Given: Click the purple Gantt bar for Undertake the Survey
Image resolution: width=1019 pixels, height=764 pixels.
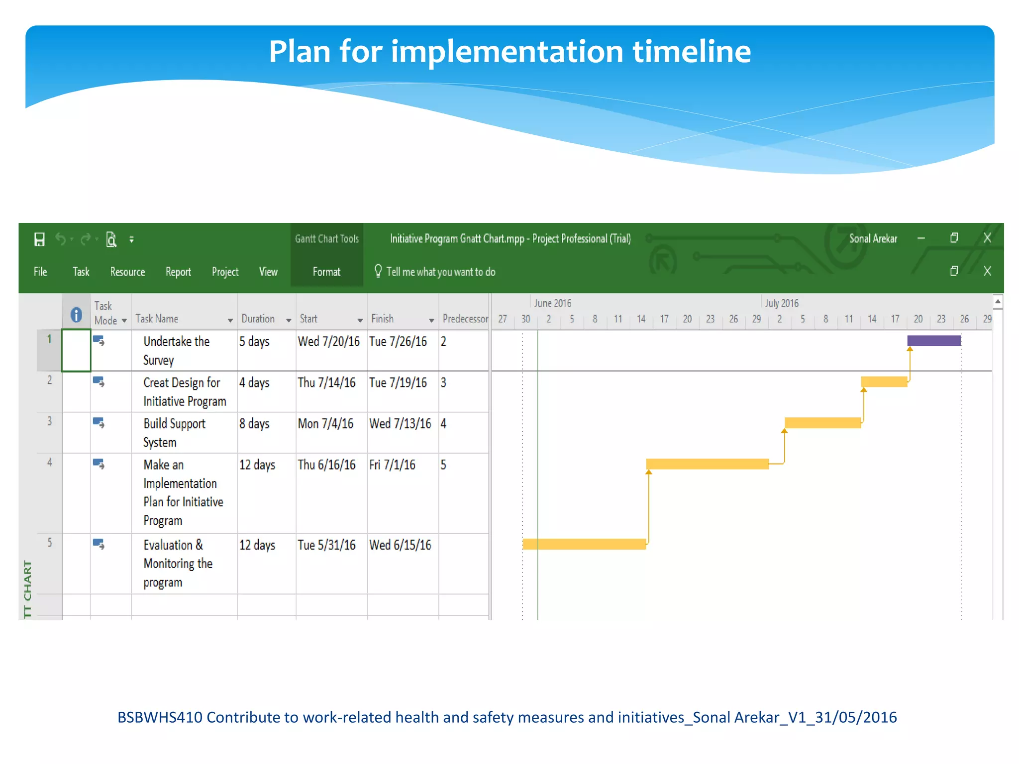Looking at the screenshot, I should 933,341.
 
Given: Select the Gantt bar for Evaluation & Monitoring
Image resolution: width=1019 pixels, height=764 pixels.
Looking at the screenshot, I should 584,544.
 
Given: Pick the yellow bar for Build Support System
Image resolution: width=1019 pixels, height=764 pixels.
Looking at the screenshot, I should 822,423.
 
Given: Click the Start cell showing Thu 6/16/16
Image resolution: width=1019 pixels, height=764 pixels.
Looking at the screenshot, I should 326,465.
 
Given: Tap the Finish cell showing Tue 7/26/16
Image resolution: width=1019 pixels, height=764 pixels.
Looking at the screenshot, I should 398,342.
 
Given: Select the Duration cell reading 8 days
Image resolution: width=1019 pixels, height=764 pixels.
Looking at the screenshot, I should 254,424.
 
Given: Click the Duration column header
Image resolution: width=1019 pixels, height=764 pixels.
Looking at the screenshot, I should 258,319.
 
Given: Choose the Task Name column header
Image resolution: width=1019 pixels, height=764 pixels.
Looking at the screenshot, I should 157,319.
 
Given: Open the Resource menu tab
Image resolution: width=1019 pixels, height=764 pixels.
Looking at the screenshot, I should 127,272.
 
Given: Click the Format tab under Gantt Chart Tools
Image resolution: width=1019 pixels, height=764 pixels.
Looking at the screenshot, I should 326,272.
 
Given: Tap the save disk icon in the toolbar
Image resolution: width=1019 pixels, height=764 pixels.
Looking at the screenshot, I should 39,239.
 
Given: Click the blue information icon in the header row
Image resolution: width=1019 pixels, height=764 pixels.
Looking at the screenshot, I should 76,314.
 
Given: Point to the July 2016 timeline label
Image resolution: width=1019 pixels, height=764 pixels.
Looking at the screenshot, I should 782,303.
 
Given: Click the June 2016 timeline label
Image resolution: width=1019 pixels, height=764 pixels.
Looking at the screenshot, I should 552,303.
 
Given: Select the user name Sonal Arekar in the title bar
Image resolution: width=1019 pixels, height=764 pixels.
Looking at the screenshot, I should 873,238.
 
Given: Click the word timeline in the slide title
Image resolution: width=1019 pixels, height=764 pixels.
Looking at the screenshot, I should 692,51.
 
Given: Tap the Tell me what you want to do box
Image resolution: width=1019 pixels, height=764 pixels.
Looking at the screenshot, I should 440,272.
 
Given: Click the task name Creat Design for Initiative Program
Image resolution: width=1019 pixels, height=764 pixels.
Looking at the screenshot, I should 184,391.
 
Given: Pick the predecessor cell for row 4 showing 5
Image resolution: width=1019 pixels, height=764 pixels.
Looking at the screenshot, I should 443,465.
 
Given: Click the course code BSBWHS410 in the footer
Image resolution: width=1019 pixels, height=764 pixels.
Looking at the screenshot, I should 160,717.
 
